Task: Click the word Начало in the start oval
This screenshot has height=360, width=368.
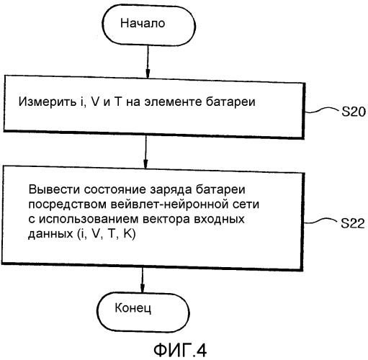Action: [143, 23]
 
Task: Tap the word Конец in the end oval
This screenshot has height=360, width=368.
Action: [133, 307]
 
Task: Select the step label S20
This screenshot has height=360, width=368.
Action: [354, 112]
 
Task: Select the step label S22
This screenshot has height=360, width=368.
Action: [353, 223]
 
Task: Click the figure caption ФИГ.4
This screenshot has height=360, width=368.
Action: [180, 351]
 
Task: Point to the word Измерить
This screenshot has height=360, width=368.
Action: [47, 102]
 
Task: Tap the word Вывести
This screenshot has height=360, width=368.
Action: [54, 189]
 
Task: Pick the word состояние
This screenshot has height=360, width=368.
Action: [115, 189]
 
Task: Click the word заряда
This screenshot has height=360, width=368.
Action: [171, 190]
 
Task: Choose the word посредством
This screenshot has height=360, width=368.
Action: [68, 204]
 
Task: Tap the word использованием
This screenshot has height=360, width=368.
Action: [89, 219]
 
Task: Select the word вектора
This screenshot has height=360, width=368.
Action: [166, 220]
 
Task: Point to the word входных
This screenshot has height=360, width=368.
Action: [219, 220]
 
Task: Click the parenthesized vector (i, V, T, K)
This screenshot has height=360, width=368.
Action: [107, 234]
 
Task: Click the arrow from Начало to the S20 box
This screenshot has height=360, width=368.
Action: [148, 61]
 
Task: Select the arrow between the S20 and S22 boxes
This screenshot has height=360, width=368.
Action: [145, 152]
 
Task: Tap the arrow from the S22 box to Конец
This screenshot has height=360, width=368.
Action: [143, 280]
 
